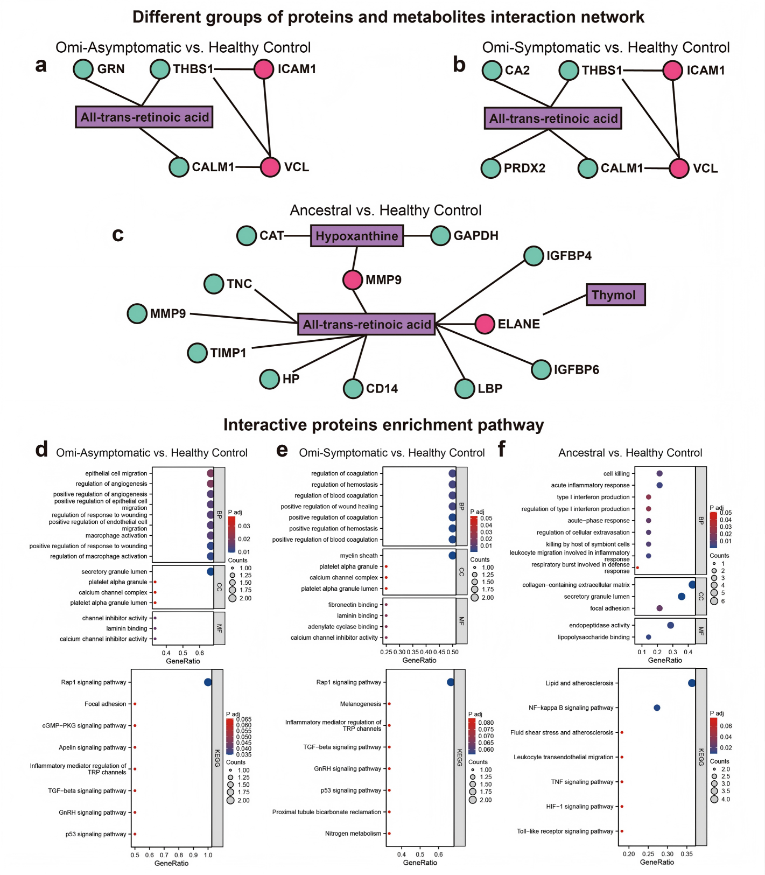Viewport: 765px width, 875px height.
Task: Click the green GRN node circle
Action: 83,69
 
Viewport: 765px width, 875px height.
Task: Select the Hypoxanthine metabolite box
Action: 356,236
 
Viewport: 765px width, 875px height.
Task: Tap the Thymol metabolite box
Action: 615,295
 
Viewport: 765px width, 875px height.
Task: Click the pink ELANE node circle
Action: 485,324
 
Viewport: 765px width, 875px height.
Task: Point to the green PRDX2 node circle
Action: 491,168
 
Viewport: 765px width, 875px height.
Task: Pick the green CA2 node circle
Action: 492,71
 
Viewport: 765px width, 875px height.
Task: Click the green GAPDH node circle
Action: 440,236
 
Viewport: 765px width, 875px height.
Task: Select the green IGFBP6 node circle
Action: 541,369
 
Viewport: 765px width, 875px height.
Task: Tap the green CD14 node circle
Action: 353,388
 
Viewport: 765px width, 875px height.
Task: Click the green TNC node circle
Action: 214,284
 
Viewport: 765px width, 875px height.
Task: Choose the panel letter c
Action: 118,234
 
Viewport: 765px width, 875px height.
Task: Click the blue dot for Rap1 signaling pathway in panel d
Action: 208,682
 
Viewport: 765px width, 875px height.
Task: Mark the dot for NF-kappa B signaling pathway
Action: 657,708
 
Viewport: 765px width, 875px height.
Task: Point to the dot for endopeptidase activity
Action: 670,625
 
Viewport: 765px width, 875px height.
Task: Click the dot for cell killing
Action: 659,474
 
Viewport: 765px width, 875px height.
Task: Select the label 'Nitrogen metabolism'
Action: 353,834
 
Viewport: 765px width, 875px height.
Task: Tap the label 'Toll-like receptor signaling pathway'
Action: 565,831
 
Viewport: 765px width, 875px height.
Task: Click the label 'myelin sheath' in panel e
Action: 359,556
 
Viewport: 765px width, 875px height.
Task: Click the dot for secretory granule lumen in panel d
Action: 210,572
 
